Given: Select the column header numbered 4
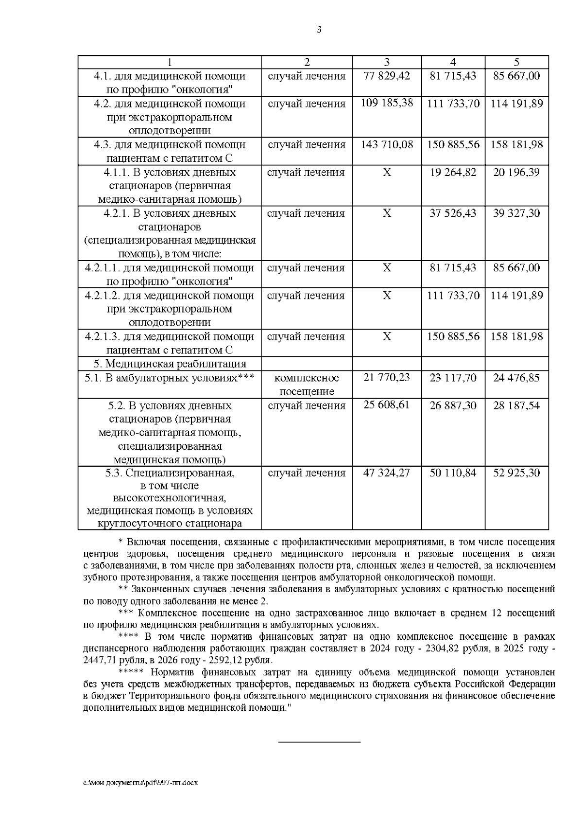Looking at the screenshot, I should coord(453,62).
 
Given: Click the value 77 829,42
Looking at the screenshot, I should coord(387,76).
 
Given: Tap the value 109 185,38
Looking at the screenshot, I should coord(387,103).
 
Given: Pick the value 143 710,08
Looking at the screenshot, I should coord(387,144).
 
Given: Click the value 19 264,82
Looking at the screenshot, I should coord(453,172).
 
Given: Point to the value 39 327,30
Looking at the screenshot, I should coord(516,213).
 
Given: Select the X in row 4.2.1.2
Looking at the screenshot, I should coord(387,296).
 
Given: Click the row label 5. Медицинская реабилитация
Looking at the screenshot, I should coord(170,364).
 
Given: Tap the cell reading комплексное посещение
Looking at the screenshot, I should coord(307,385).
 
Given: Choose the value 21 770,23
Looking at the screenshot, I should coord(387,377).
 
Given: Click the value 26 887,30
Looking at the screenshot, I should coord(453,405).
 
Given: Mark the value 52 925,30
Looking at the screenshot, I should coord(516,473).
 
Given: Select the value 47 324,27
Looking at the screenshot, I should coord(387,473).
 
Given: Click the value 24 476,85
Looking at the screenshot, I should coord(516,378).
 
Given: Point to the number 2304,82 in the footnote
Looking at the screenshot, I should coord(443,649).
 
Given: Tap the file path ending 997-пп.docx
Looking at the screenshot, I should coord(141,783).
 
